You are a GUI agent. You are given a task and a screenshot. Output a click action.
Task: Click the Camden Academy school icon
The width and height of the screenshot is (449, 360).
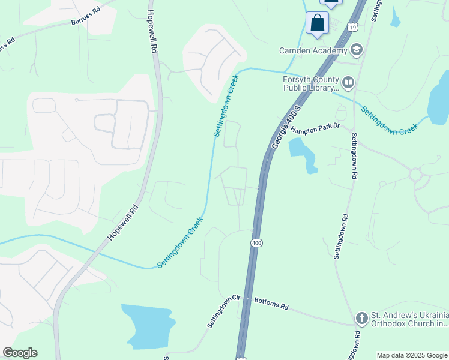tap(357, 50)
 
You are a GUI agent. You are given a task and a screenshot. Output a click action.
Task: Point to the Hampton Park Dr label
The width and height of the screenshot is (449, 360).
tap(316, 128)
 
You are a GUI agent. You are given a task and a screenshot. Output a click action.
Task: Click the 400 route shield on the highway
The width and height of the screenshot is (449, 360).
tap(256, 242)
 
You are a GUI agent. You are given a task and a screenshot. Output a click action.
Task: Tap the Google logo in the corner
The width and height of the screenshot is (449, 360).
tap(20, 353)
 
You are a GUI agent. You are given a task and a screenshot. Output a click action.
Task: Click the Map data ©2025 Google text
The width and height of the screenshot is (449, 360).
tap(412, 355)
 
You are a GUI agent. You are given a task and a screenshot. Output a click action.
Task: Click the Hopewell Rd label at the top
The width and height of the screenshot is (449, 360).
tap(152, 33)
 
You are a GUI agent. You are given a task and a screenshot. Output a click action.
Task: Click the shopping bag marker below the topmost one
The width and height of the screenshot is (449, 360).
tap(317, 23)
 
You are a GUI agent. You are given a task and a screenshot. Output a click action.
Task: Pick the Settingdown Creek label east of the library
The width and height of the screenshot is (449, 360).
tap(389, 120)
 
